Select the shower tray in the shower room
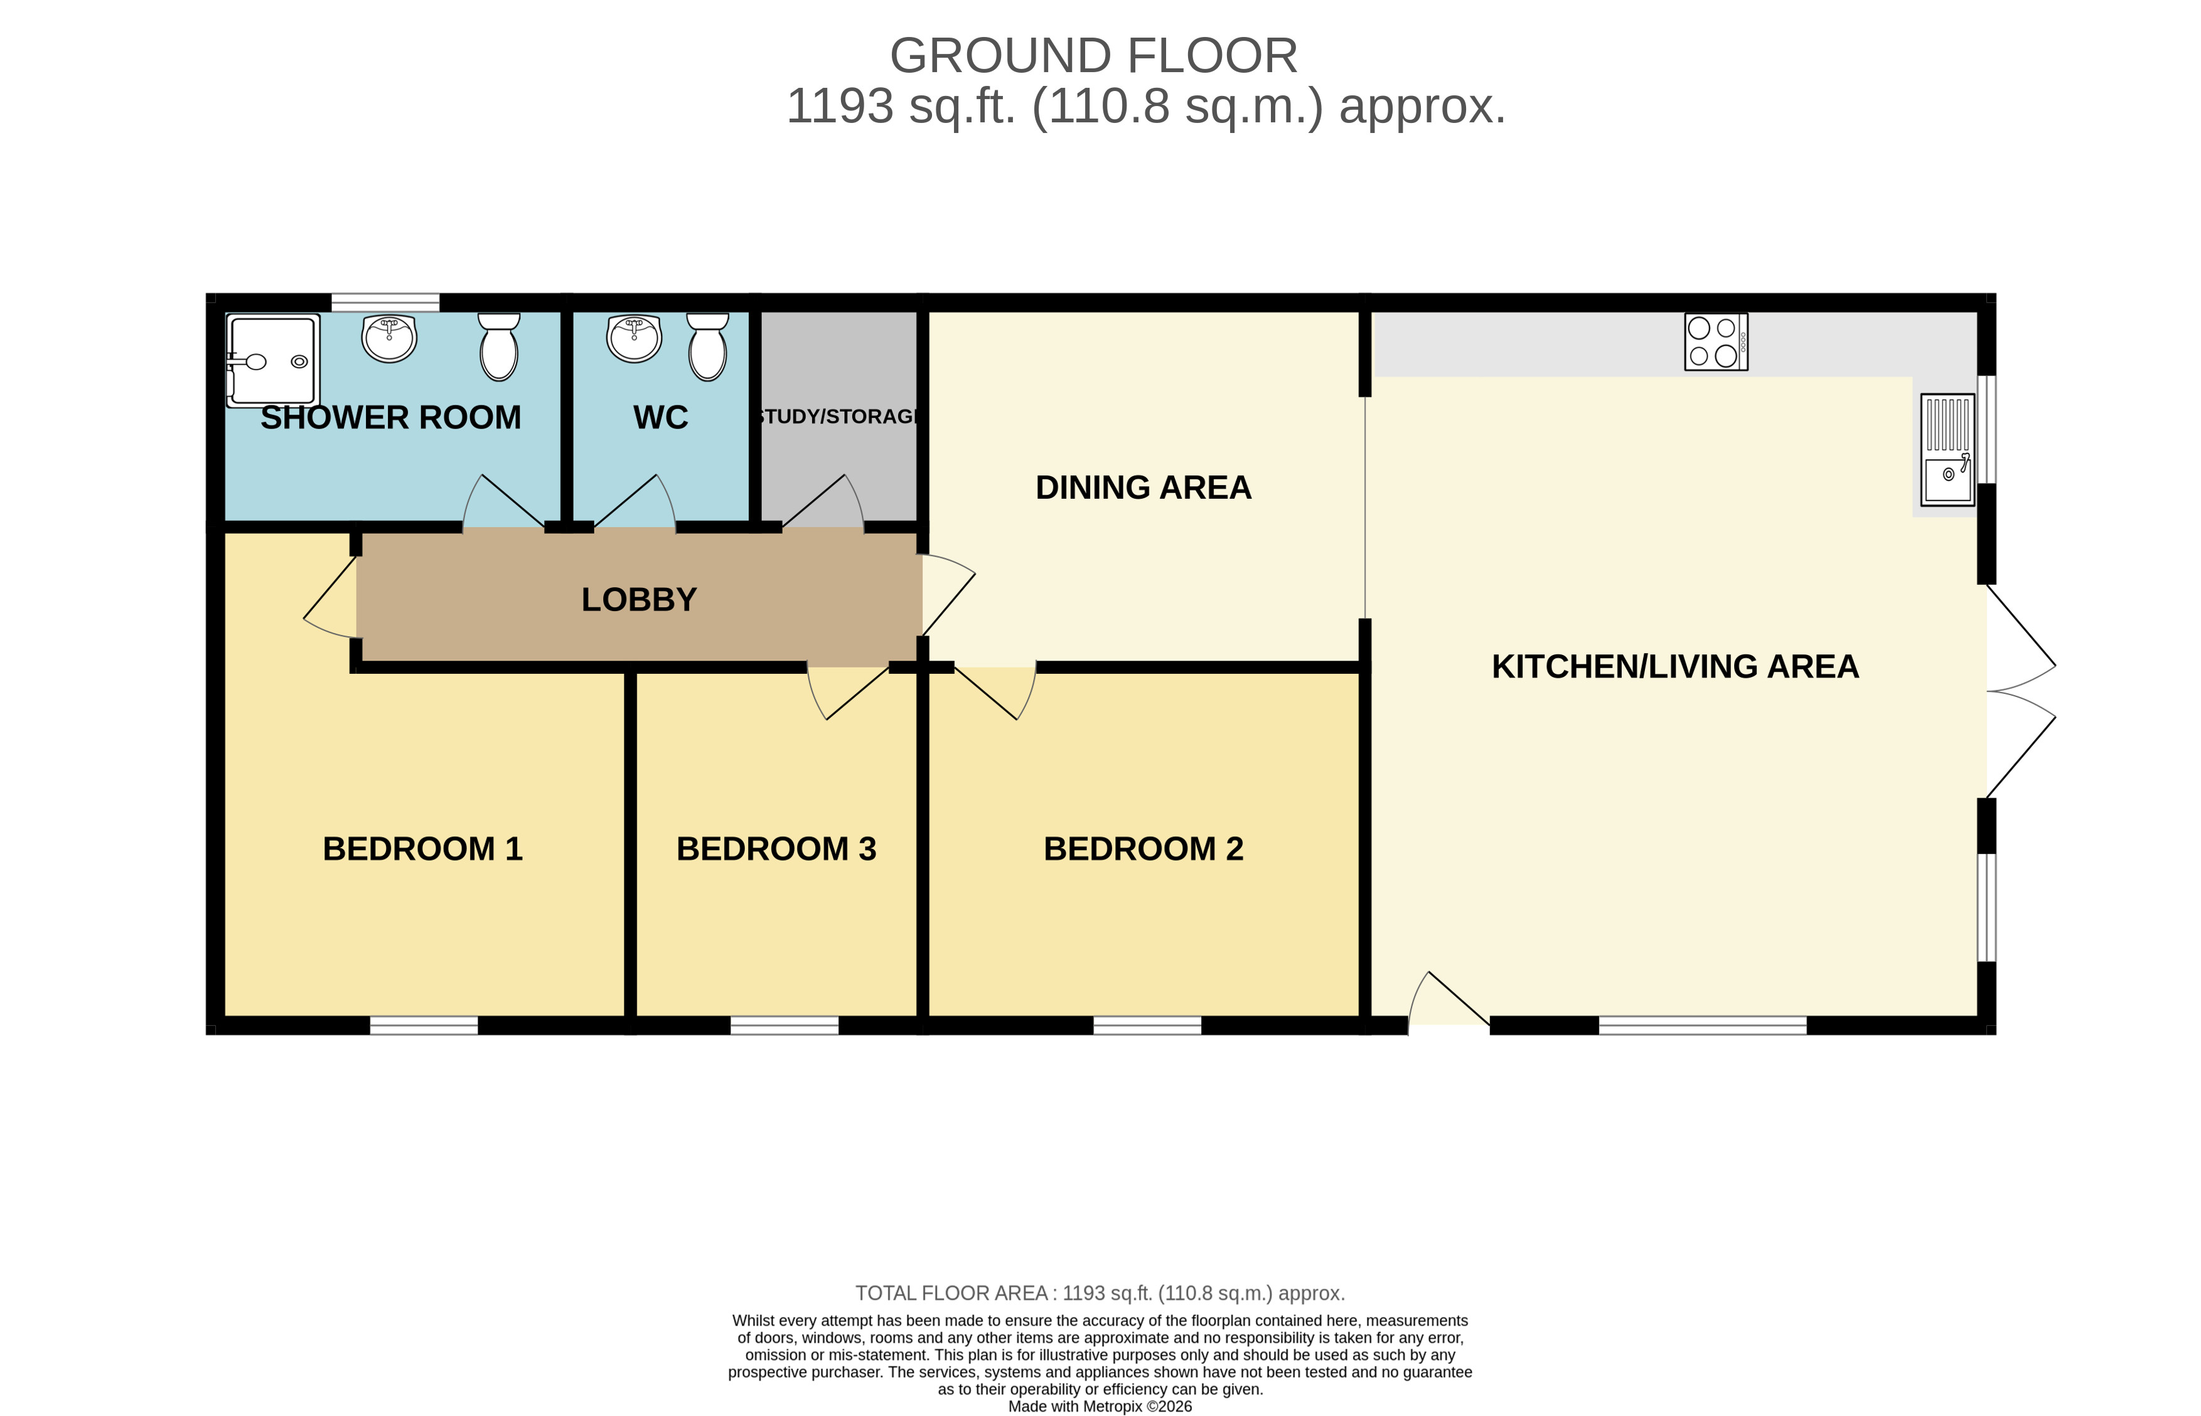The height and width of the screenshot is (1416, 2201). pyautogui.click(x=273, y=361)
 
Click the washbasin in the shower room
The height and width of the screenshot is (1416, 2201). pyautogui.click(x=390, y=338)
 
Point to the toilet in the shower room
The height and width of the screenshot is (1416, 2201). pyautogui.click(x=498, y=347)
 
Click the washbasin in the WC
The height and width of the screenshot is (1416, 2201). pyautogui.click(x=634, y=338)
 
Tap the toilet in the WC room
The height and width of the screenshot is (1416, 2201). pyautogui.click(x=707, y=347)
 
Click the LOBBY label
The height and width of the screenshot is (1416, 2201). pyautogui.click(x=640, y=600)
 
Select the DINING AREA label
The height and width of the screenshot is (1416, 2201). pyautogui.click(x=1143, y=487)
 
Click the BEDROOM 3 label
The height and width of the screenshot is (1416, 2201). pyautogui.click(x=776, y=849)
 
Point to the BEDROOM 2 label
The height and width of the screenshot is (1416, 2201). pyautogui.click(x=1143, y=849)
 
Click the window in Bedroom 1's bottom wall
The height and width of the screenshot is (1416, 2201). pyautogui.click(x=424, y=1025)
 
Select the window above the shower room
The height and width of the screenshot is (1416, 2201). pyautogui.click(x=385, y=302)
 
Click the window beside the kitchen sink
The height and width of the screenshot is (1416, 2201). pyautogui.click(x=1987, y=429)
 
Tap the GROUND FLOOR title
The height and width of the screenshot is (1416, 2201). pyautogui.click(x=1094, y=56)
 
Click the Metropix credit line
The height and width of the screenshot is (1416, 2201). pyautogui.click(x=1100, y=1406)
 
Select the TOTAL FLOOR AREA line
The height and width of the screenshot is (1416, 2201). pyautogui.click(x=1100, y=1293)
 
